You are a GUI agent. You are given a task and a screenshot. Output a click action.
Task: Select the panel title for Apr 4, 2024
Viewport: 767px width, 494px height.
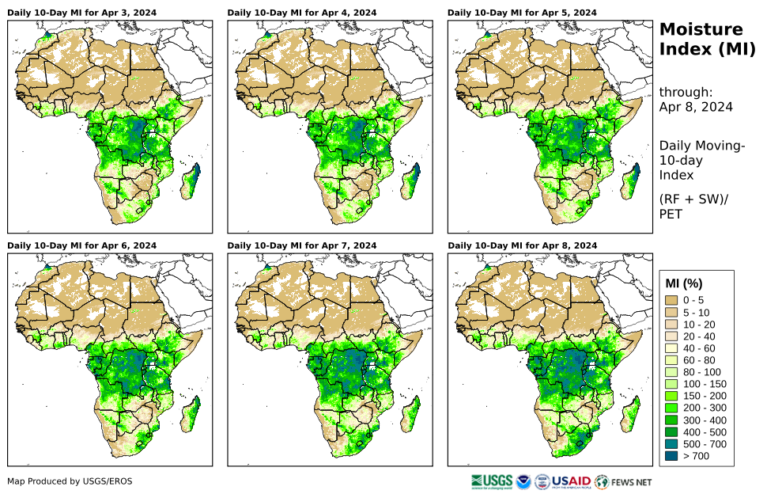(x=302, y=13)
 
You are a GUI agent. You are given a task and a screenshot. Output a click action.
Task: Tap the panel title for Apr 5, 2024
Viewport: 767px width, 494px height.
(x=522, y=13)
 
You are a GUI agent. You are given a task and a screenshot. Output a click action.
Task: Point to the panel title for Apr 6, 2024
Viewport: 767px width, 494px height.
(x=81, y=246)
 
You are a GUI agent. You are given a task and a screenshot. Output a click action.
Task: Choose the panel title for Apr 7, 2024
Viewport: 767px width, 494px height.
(x=302, y=246)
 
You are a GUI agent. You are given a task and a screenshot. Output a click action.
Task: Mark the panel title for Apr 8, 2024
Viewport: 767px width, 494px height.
(x=522, y=246)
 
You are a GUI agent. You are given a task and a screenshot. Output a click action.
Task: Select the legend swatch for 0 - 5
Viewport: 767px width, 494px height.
(x=672, y=300)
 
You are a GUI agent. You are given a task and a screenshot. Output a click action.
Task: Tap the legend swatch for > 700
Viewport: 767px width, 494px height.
(x=672, y=456)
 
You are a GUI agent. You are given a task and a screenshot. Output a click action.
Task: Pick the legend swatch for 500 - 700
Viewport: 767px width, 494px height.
(x=672, y=444)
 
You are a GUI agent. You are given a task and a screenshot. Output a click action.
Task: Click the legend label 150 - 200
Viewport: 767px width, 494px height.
(x=700, y=396)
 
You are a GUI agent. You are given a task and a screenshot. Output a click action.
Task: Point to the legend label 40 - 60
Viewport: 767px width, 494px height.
(x=697, y=348)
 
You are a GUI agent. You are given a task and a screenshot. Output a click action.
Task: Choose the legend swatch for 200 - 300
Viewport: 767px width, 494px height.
(x=672, y=408)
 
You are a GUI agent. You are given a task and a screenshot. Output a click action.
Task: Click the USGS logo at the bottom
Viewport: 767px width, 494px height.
(x=491, y=481)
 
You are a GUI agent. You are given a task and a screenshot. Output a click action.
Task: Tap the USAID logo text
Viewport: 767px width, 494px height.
(x=570, y=481)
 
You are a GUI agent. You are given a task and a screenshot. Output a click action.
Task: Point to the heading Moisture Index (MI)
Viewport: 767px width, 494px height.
(x=701, y=40)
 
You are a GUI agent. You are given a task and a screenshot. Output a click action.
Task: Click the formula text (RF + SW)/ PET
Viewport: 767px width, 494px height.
(x=693, y=206)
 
